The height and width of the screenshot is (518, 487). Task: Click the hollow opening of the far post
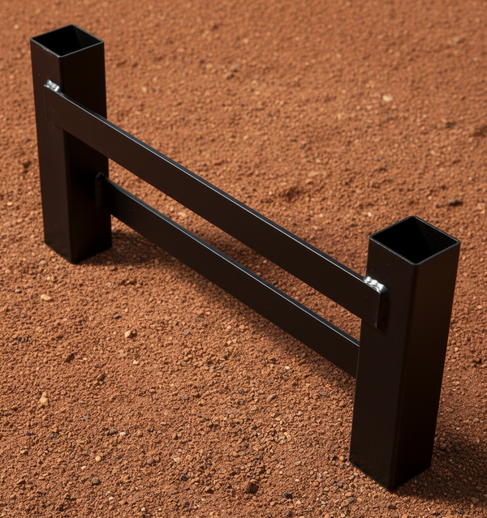pyautogui.click(x=67, y=40)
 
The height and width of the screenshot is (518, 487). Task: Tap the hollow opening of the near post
pyautogui.click(x=415, y=240)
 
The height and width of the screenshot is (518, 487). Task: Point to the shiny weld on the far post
pyautogui.click(x=53, y=86)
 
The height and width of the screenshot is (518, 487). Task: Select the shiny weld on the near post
pyautogui.click(x=375, y=285)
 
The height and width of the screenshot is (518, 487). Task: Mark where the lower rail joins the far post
pyautogui.click(x=103, y=191)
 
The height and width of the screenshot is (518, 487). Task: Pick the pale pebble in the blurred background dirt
pyautogui.click(x=387, y=98)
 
